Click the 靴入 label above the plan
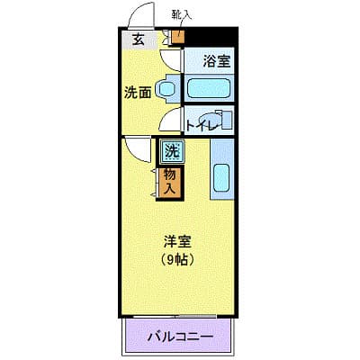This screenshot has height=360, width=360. pos(182,15)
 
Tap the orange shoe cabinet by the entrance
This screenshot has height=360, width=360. pos(177,37)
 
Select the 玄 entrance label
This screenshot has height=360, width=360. pos(139,40)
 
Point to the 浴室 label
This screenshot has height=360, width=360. pos(217,61)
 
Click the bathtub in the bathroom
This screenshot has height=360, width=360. pos(209,88)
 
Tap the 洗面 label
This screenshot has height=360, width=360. pos(138,93)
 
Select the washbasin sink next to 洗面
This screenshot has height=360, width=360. pos(166,89)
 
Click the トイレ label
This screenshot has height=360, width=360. pos(202,125)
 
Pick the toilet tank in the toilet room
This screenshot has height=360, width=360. pos(228,121)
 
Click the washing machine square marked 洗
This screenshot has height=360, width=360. pos(172,151)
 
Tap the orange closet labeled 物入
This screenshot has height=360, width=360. pos(169,183)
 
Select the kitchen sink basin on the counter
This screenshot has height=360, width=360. pos(222,178)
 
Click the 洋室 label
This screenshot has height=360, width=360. pos(177,242)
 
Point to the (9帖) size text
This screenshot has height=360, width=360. pos(177,260)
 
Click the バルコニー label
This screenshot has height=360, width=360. pos(180,337)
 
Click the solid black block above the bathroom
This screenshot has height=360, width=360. pos(210,37)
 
